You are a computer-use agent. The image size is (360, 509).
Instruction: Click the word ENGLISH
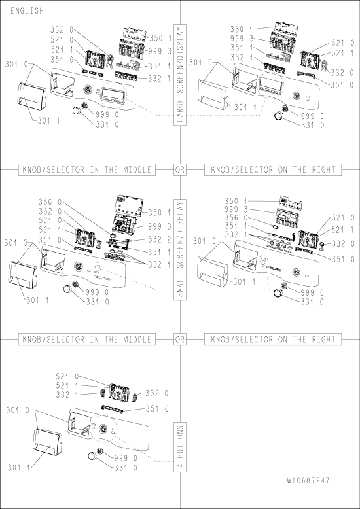click(27, 10)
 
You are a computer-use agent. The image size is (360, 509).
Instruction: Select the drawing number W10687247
click(308, 480)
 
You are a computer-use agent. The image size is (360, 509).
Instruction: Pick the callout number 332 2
click(159, 239)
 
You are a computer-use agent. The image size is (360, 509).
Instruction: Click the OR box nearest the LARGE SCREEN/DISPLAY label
click(180, 169)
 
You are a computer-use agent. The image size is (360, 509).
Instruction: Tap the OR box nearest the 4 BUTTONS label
click(180, 340)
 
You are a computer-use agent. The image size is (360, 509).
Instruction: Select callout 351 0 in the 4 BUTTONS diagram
click(157, 409)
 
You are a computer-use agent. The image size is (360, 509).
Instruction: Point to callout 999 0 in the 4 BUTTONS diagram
click(126, 458)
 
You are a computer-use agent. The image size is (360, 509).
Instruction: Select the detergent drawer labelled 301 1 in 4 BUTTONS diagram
click(47, 442)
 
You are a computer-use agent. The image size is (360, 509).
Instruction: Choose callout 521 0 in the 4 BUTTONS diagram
click(67, 377)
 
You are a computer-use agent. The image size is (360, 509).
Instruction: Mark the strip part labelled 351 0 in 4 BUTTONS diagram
click(113, 408)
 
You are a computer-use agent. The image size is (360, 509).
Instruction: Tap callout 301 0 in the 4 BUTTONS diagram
click(18, 410)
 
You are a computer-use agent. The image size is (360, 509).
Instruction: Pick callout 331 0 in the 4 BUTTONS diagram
click(126, 468)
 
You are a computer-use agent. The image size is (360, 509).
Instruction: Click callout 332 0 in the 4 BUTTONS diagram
click(157, 393)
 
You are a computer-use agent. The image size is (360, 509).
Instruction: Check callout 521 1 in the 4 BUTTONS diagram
click(67, 385)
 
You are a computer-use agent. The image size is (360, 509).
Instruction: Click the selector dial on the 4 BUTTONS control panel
click(103, 428)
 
